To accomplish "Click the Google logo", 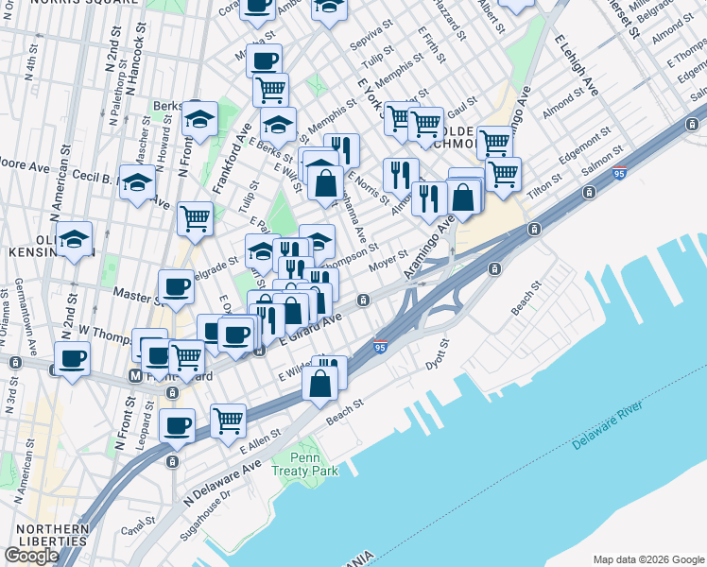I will (31, 556).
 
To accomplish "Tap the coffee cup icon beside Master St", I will (175, 286).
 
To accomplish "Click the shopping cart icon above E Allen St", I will (228, 420).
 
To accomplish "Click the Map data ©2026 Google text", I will (648, 558).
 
